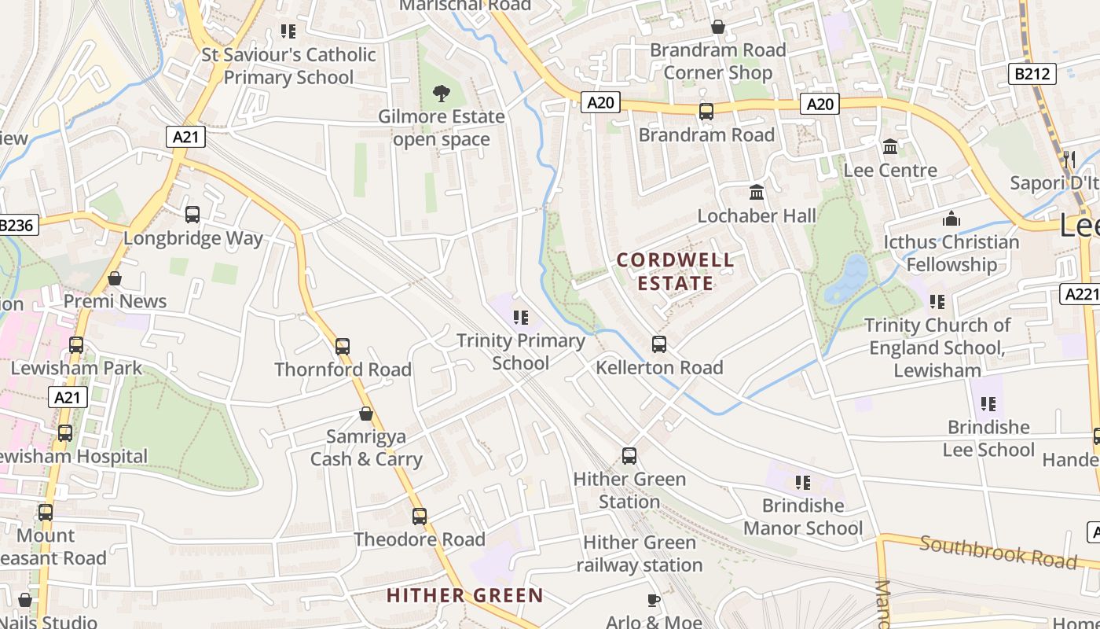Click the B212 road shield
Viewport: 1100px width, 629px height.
click(1032, 74)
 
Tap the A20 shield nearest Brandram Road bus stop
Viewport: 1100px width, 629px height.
click(600, 102)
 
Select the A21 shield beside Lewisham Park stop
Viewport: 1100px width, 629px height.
click(68, 398)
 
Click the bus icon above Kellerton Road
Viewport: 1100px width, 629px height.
click(659, 344)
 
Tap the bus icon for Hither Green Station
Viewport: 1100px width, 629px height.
click(629, 456)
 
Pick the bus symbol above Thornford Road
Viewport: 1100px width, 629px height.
click(343, 347)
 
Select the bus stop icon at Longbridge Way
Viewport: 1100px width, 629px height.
click(192, 215)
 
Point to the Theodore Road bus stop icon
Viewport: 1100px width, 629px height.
click(420, 517)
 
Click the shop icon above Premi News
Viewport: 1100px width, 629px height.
click(115, 278)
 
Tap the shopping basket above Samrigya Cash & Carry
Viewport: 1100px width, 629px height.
click(366, 414)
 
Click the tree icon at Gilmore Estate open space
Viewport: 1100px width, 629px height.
click(442, 94)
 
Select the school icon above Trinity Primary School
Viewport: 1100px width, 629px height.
click(520, 318)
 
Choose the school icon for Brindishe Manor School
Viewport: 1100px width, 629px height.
click(802, 482)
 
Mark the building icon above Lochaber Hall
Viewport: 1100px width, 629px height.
click(757, 192)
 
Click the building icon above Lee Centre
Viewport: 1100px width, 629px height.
click(890, 147)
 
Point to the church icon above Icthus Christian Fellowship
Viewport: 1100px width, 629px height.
click(951, 219)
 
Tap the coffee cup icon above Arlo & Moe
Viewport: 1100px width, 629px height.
click(654, 601)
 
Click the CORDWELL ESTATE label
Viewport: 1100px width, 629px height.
click(676, 271)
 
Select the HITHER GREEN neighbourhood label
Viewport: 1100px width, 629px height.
click(465, 595)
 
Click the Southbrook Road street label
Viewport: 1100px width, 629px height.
click(998, 552)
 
